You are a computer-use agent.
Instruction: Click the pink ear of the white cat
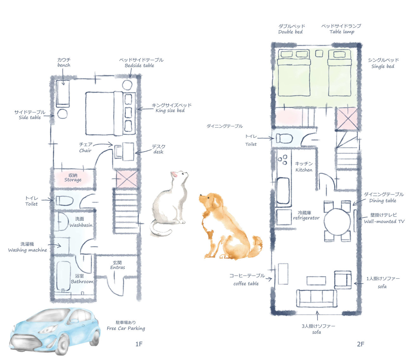(174, 174)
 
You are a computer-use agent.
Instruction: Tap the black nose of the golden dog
(200, 195)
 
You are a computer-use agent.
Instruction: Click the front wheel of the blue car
(62, 346)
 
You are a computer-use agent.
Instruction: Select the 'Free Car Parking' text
(126, 329)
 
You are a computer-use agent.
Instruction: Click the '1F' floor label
(139, 344)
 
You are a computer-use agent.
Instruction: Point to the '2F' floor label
(361, 344)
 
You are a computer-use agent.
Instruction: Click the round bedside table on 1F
(127, 85)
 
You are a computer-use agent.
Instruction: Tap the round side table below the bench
(62, 114)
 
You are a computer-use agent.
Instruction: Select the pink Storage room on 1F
(74, 178)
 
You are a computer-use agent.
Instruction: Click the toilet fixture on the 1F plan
(64, 201)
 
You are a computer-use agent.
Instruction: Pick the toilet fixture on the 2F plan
(284, 138)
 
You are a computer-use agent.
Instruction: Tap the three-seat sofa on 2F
(317, 298)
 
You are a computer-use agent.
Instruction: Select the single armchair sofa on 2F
(343, 280)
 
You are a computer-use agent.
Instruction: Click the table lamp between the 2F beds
(319, 54)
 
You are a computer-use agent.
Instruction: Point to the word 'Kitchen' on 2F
(304, 170)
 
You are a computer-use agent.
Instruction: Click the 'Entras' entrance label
(118, 267)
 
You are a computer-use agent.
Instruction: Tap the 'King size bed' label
(170, 111)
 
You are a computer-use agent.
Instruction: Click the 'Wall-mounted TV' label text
(384, 221)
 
